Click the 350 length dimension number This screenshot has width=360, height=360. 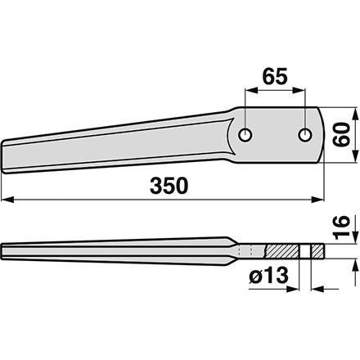(169, 186)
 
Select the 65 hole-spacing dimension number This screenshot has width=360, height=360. (275, 76)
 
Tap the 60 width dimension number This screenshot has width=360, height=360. (341, 135)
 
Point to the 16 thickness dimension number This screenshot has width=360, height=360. (341, 227)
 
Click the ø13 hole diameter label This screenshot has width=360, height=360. (268, 275)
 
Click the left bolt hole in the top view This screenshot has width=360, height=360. (245, 135)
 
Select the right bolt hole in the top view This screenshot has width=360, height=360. (305, 135)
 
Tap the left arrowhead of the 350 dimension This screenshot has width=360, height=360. (7, 200)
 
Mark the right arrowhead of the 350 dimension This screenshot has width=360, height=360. (318, 200)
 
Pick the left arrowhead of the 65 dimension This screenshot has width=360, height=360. (251, 91)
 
